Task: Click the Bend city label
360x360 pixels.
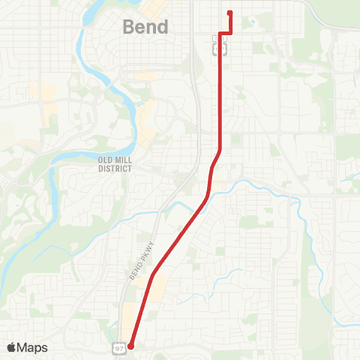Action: point(145,27)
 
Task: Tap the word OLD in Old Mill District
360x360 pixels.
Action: point(105,160)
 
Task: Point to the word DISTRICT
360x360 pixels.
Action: point(115,169)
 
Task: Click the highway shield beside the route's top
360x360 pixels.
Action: point(220,49)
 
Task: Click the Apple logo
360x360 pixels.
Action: point(11,347)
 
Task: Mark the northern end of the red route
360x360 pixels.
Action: point(229,12)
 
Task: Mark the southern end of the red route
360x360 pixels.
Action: point(130,346)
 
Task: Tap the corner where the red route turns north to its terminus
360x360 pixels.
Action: point(229,33)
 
